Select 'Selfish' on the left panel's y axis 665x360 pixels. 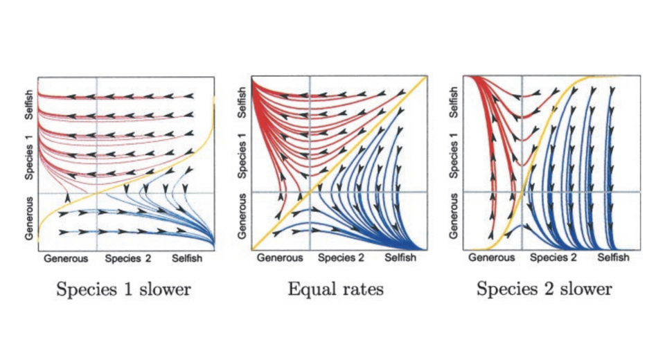(29, 102)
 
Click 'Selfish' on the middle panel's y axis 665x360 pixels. (242, 102)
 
